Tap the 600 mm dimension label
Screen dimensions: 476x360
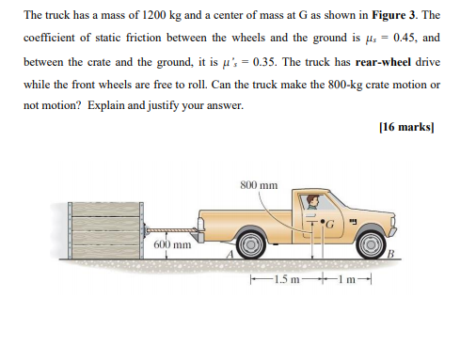[x=172, y=245]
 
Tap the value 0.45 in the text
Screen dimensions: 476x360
[x=405, y=39]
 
